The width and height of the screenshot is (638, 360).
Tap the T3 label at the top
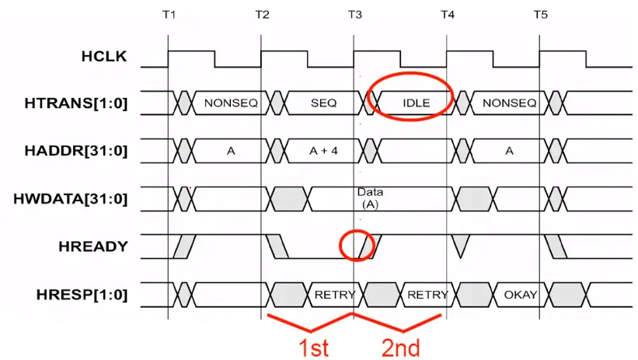pyautogui.click(x=354, y=16)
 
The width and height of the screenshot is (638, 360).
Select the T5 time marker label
pyautogui.click(x=540, y=16)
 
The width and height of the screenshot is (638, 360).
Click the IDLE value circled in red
pyautogui.click(x=417, y=103)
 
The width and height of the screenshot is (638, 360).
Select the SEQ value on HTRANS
pyautogui.click(x=323, y=103)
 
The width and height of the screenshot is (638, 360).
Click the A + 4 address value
pyautogui.click(x=323, y=151)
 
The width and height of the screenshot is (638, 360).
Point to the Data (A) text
pyautogui.click(x=369, y=197)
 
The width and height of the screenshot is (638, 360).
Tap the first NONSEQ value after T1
pyautogui.click(x=231, y=103)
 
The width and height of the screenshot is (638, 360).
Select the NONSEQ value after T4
pyautogui.click(x=509, y=103)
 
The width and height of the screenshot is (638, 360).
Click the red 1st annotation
pyautogui.click(x=314, y=347)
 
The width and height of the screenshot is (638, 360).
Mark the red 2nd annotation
pyautogui.click(x=401, y=347)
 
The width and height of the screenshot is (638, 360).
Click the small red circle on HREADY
pyautogui.click(x=358, y=246)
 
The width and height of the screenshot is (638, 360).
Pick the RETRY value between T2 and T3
pyautogui.click(x=335, y=295)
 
